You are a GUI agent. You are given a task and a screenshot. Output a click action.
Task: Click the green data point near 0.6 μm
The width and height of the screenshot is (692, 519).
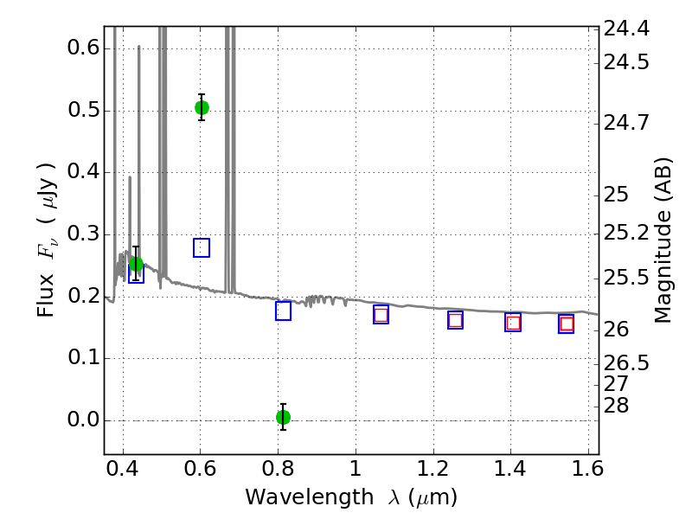(202, 107)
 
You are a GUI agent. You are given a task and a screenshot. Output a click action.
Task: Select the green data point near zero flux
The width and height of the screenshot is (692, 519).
(284, 417)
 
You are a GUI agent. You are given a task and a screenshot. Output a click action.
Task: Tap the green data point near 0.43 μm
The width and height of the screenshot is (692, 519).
(136, 265)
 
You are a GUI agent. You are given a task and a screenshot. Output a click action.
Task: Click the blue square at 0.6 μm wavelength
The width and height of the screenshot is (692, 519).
(202, 247)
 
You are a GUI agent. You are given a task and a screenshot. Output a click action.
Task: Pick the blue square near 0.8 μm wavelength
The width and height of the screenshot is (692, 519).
(284, 311)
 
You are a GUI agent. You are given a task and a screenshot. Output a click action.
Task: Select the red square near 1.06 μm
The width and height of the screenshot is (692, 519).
(381, 315)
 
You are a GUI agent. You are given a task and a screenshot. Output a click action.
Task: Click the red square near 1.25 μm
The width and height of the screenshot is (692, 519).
(456, 320)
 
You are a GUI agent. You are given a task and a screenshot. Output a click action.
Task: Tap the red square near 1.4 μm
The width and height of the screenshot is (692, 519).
(513, 323)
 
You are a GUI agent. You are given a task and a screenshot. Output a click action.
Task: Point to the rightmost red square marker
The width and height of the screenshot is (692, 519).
(567, 324)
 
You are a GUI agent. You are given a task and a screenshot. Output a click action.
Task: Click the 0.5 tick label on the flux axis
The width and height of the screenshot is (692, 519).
(83, 111)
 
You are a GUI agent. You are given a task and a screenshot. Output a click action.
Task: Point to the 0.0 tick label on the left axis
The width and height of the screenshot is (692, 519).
(83, 420)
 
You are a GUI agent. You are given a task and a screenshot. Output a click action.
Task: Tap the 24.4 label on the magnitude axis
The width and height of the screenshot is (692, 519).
(626, 29)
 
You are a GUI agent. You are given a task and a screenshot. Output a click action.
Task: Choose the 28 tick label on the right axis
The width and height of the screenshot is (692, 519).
(616, 406)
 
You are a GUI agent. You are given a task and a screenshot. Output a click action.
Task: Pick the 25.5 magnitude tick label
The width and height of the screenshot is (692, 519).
(626, 279)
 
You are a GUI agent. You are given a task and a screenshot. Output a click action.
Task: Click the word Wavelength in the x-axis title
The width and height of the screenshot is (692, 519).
(310, 497)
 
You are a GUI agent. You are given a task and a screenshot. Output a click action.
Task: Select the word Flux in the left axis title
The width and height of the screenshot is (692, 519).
(46, 296)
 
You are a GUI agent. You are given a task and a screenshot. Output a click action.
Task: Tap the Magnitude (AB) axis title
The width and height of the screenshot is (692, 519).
(663, 240)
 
